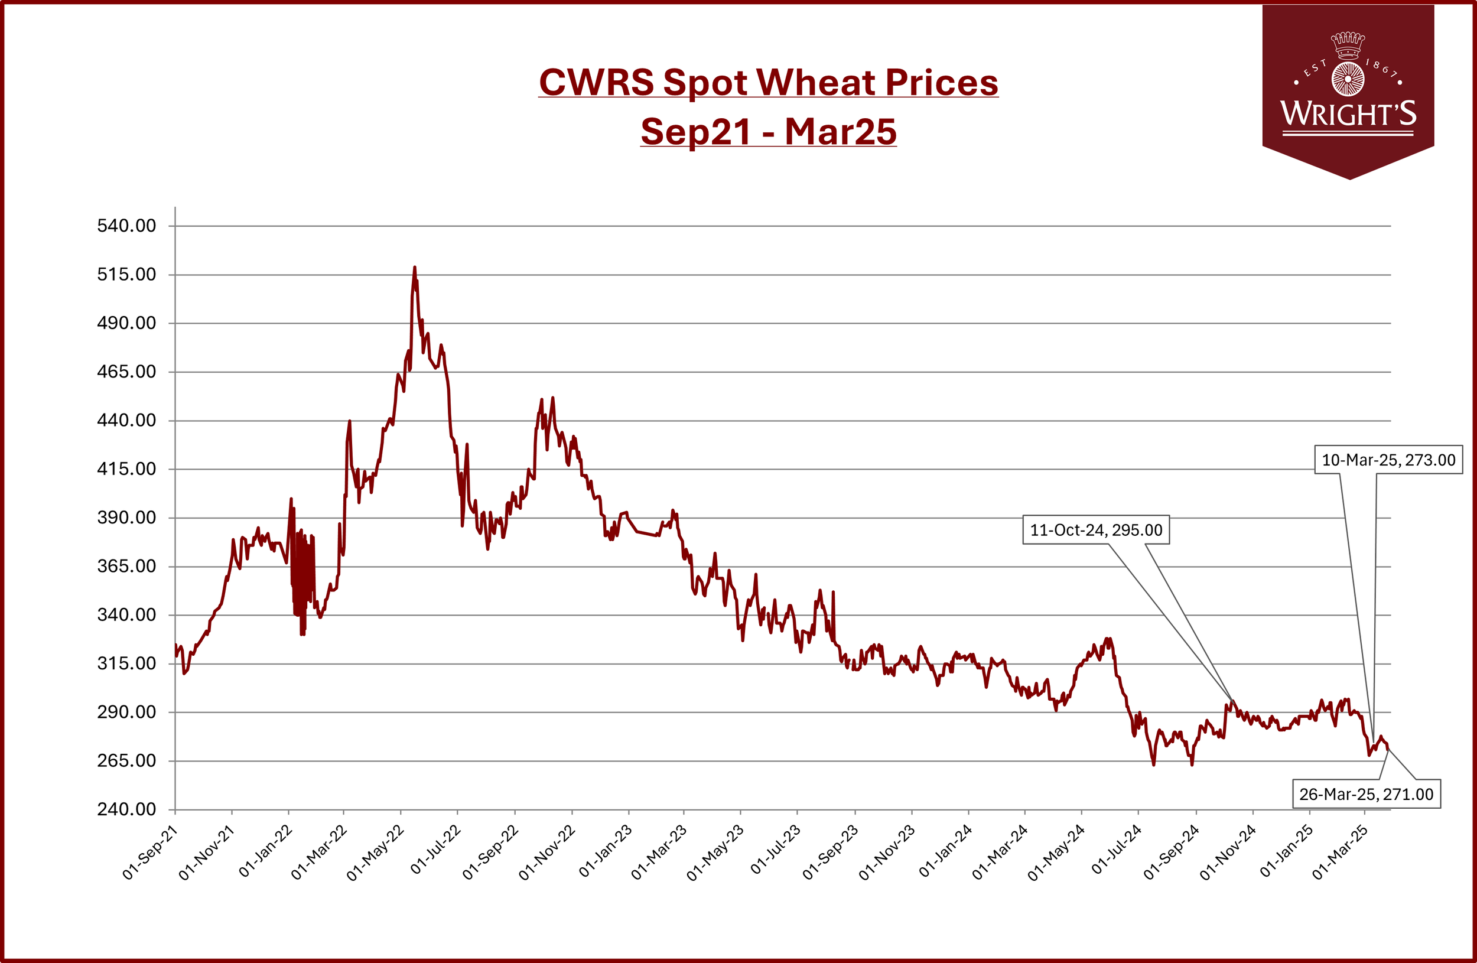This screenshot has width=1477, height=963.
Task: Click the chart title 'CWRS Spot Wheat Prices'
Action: tap(768, 82)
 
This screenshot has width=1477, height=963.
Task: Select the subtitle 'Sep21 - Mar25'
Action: tap(768, 132)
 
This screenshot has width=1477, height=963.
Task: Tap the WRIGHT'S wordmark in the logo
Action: tap(1349, 113)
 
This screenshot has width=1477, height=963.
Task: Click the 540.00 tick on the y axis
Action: tap(126, 225)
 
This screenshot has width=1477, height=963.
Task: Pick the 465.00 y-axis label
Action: tap(126, 372)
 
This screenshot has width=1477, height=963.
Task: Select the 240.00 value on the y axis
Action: tap(126, 809)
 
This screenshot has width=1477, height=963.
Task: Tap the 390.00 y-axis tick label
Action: tap(126, 518)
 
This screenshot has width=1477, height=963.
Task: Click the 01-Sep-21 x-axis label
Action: tap(150, 853)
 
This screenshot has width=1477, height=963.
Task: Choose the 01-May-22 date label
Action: tap(376, 853)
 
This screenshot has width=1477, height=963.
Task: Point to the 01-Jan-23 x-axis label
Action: tap(606, 851)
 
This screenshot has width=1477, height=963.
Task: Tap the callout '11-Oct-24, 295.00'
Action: tap(1096, 530)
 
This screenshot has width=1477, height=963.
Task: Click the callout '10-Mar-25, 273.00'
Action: tap(1388, 460)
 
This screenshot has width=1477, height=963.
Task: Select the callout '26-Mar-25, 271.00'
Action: tap(1367, 794)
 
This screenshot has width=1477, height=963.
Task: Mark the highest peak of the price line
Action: tap(415, 268)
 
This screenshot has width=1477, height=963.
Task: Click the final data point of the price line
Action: tap(1388, 749)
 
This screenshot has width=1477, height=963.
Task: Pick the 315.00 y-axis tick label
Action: tap(126, 663)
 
